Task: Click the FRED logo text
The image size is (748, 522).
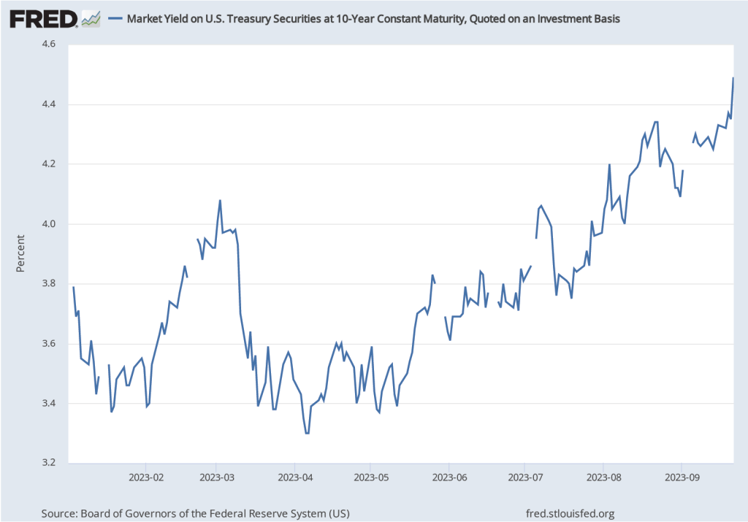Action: pos(43,18)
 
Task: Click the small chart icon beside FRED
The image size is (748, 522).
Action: pos(91,18)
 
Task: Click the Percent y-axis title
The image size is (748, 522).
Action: pos(20,253)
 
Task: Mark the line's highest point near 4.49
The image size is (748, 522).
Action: pos(733,78)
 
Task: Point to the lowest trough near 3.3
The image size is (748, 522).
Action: pos(307,433)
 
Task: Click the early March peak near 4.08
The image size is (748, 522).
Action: pos(220,200)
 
